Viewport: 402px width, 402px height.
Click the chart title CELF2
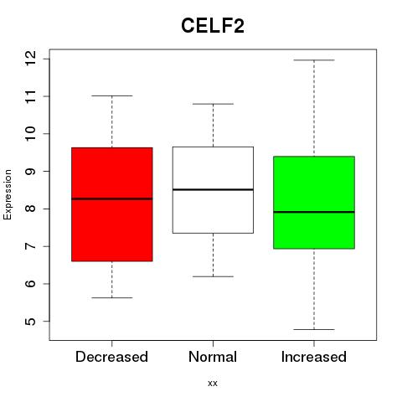coord(213,26)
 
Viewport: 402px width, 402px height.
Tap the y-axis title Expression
coord(8,194)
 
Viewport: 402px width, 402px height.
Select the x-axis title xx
coord(213,383)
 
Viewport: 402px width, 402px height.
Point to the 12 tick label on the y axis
coord(31,59)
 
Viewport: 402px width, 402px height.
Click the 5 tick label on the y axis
coord(31,321)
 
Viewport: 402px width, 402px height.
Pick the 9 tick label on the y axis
coord(31,171)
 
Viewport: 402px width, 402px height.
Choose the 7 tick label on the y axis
coord(31,246)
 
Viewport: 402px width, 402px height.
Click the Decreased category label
coord(111,357)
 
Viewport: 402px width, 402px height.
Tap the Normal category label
coord(213,357)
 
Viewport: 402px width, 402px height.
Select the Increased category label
coord(314,357)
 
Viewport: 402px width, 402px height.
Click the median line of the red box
coord(112,198)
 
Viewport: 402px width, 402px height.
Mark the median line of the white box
coord(213,189)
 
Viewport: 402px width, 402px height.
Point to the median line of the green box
coord(314,212)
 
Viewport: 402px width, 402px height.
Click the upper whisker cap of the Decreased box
coord(112,95)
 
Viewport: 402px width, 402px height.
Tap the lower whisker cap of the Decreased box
coord(112,297)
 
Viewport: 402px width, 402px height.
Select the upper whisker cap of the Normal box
coord(213,104)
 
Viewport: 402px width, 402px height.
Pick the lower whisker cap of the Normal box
coord(213,276)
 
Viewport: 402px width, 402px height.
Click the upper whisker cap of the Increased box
coord(314,60)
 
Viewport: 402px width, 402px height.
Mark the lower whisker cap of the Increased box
coord(314,329)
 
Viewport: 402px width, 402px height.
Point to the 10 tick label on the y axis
coord(31,134)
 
